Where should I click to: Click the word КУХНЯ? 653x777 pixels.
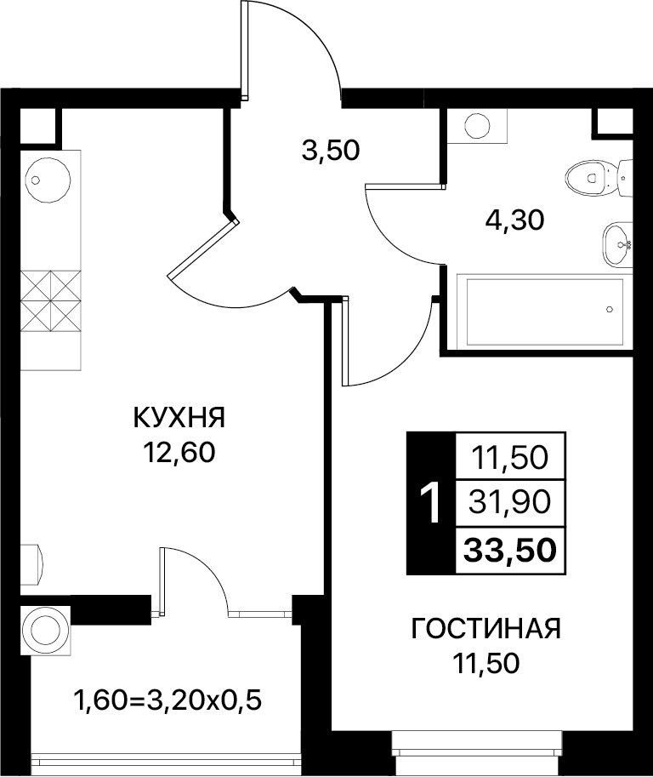pos(179,417)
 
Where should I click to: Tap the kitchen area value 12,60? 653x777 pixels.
pos(179,452)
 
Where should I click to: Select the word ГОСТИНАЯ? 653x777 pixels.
pos(486,629)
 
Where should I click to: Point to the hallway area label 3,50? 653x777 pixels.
pos(331,151)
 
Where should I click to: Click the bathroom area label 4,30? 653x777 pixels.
pos(515,220)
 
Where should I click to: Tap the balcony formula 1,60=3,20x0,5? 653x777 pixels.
pos(168,700)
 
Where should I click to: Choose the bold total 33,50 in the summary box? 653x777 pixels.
pos(510,550)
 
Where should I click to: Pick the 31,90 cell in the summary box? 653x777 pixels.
pos(510,502)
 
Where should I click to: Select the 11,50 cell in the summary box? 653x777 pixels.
pos(510,457)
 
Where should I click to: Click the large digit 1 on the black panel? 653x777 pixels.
pos(430,503)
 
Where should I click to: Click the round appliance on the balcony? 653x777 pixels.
pos(46,630)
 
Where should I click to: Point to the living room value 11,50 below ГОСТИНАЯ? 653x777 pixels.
pos(486,663)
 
